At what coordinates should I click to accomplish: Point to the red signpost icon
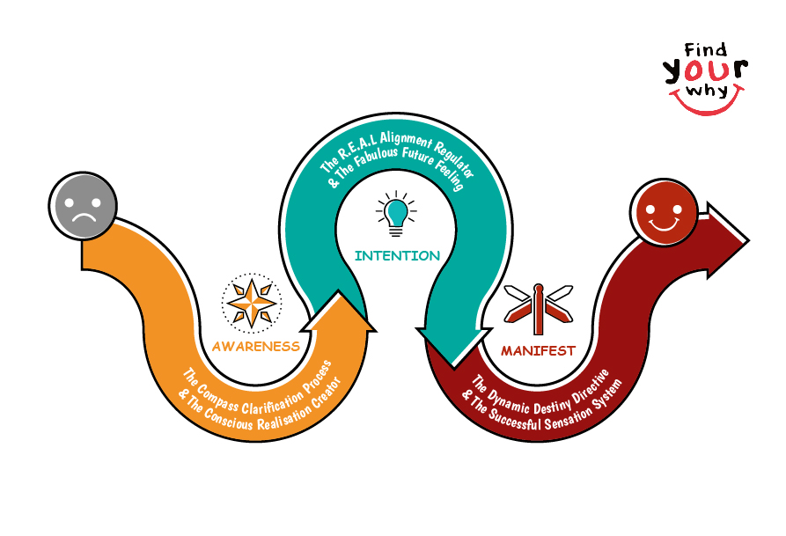click(x=538, y=304)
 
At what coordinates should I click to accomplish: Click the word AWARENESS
click(x=255, y=346)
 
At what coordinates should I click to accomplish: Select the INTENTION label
click(x=397, y=256)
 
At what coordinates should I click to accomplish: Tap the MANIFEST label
click(x=538, y=350)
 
